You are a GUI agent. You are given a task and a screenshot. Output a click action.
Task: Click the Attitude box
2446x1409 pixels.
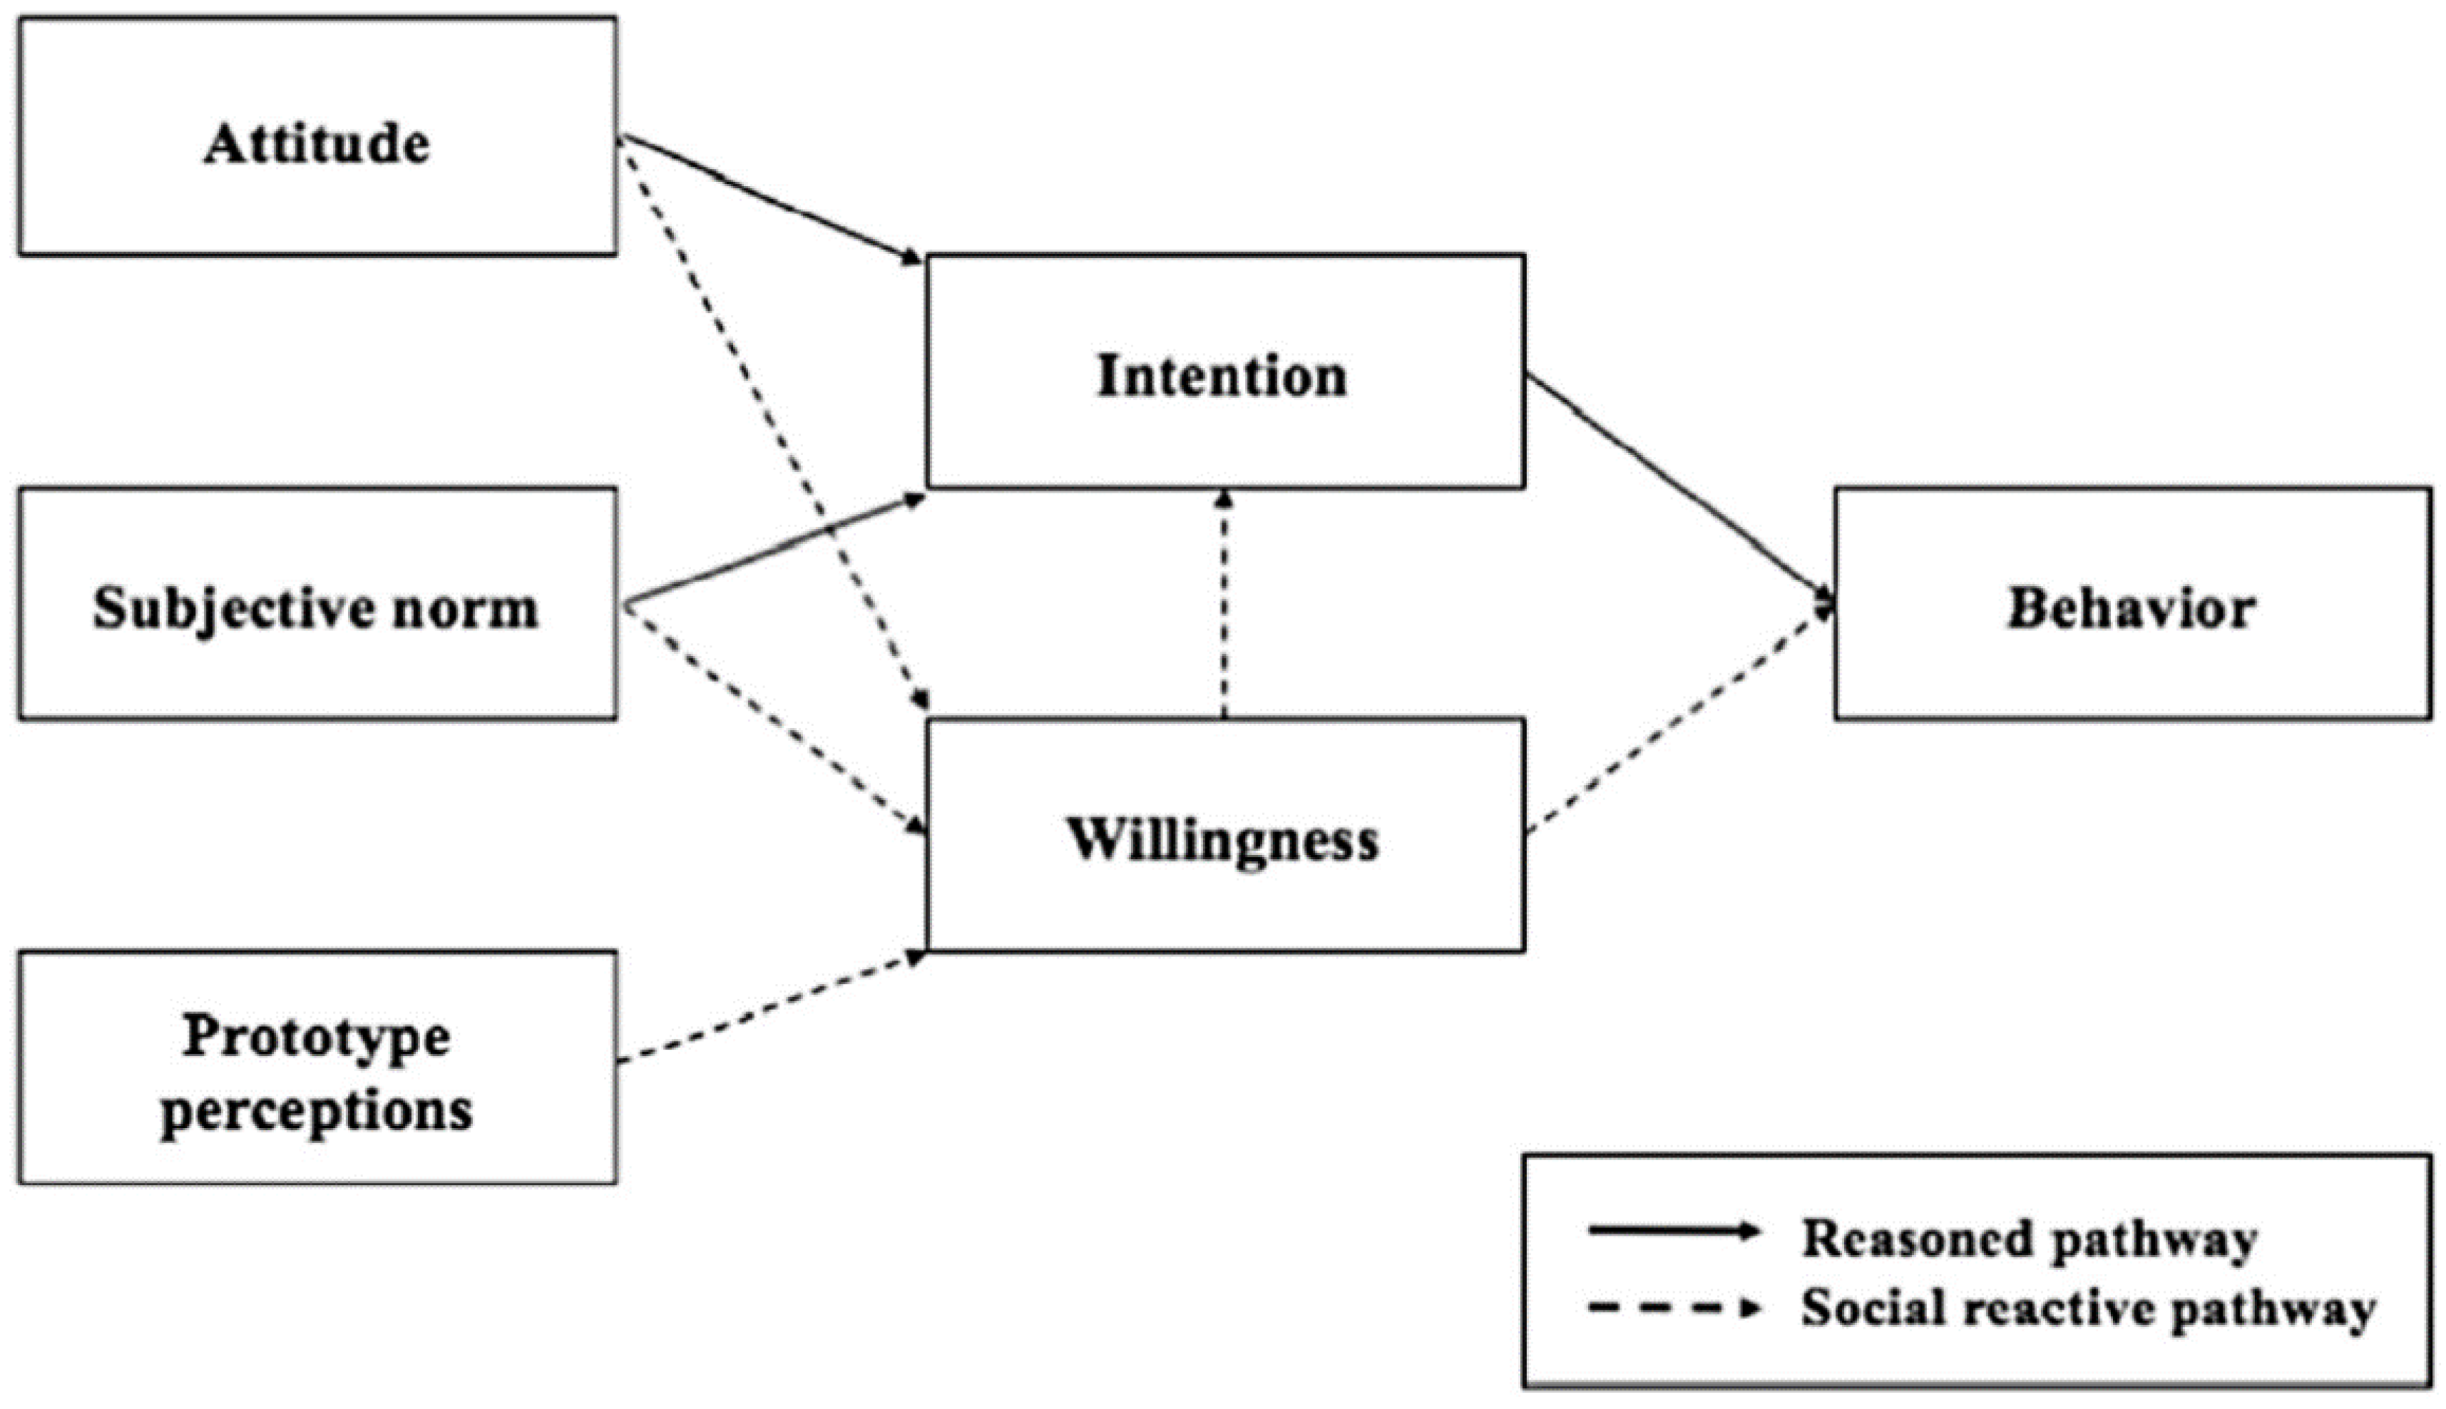(x=317, y=136)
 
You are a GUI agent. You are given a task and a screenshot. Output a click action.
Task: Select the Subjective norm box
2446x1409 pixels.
(x=317, y=604)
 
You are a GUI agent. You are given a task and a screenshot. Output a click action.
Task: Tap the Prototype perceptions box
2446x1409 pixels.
(x=317, y=1067)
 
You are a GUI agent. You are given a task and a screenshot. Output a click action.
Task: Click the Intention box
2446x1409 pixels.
(x=1225, y=372)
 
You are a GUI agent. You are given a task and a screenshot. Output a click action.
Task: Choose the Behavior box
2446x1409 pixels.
(x=2132, y=604)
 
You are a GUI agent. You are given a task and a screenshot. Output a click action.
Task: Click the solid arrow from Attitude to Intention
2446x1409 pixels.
(x=769, y=198)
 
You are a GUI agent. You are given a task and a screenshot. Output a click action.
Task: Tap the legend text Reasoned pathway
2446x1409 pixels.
(x=2028, y=1239)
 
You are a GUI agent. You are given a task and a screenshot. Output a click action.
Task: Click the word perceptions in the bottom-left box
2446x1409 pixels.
(x=317, y=1110)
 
